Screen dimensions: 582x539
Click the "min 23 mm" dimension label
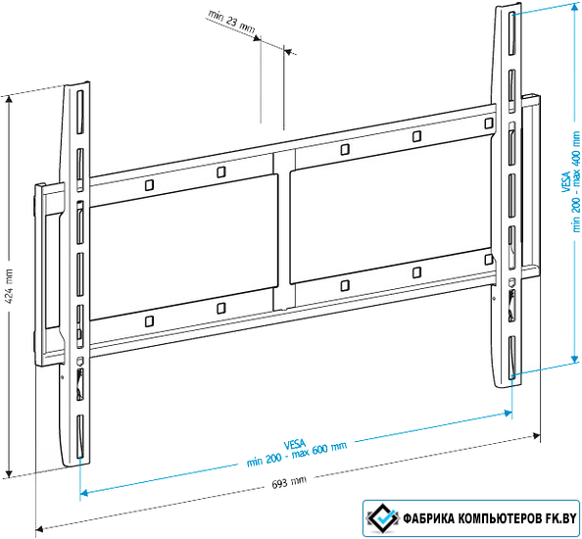coord(231,22)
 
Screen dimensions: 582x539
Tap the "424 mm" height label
coord(9,285)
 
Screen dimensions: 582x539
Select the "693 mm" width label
coord(289,483)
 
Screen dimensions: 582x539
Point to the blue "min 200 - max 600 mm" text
coord(297,455)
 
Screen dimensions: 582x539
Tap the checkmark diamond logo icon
coord(383,518)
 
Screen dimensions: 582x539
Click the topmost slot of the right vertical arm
coord(511,33)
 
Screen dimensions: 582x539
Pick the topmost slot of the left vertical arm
coord(80,112)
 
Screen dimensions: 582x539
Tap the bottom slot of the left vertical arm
coord(79,437)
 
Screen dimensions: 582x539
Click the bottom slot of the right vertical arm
coord(511,358)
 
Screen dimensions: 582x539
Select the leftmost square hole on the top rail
coord(149,185)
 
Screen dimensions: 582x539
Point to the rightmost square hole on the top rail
coord(489,123)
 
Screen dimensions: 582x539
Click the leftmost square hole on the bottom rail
coord(149,321)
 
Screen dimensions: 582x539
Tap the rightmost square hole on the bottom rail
coord(489,260)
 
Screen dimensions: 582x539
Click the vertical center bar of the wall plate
coord(284,229)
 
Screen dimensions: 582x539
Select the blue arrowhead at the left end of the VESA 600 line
coord(84,493)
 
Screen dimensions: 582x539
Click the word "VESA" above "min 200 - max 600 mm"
coord(295,444)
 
